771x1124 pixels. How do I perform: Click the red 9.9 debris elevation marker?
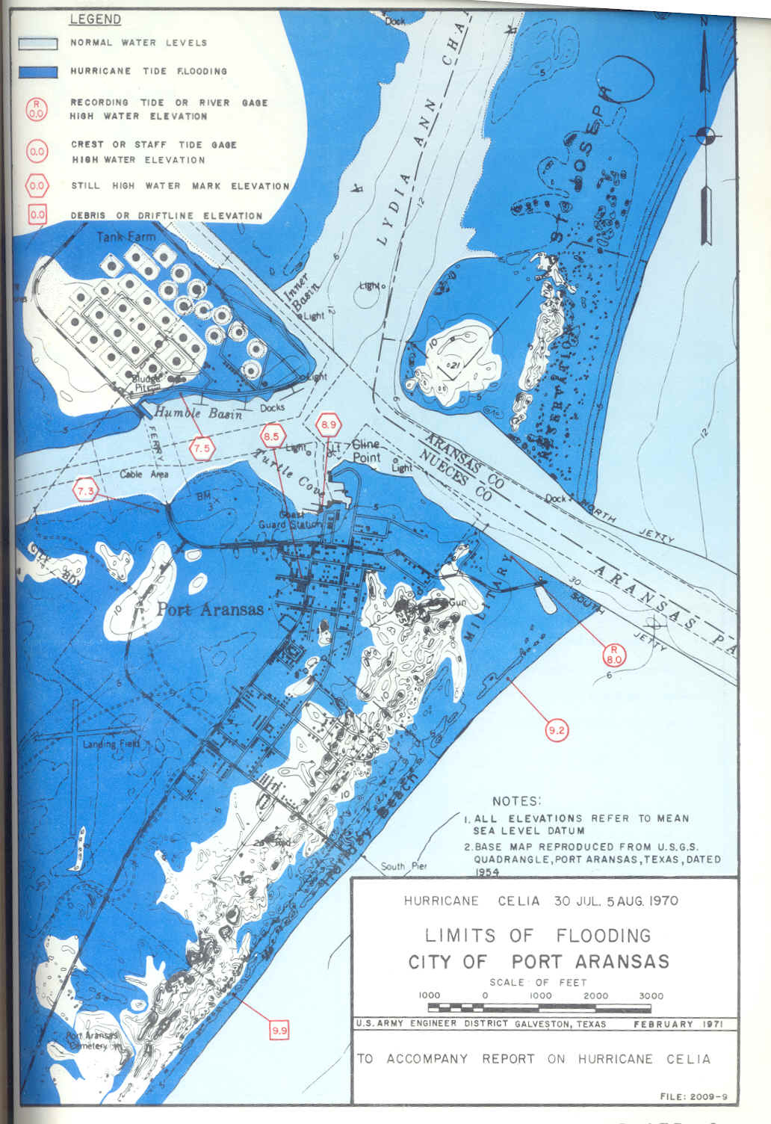pyautogui.click(x=279, y=1031)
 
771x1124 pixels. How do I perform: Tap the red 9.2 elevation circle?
pyautogui.click(x=557, y=730)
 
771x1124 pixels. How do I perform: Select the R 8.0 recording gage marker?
pyautogui.click(x=614, y=655)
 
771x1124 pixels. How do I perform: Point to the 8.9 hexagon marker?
pyautogui.click(x=329, y=424)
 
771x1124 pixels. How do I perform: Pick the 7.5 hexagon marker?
pyautogui.click(x=202, y=449)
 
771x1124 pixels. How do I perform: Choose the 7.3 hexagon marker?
pyautogui.click(x=86, y=491)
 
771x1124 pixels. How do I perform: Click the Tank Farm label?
pyautogui.click(x=126, y=237)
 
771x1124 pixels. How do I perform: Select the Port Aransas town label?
pyautogui.click(x=209, y=609)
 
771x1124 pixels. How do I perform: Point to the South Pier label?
pyautogui.click(x=403, y=867)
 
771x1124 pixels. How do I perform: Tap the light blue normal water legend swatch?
pyautogui.click(x=37, y=43)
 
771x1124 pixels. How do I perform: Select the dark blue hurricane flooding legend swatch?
pyautogui.click(x=37, y=72)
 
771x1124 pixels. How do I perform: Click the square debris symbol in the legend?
pyautogui.click(x=37, y=215)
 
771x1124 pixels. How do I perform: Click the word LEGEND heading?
pyautogui.click(x=95, y=19)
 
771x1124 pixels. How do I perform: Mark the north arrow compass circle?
pyautogui.click(x=705, y=135)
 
